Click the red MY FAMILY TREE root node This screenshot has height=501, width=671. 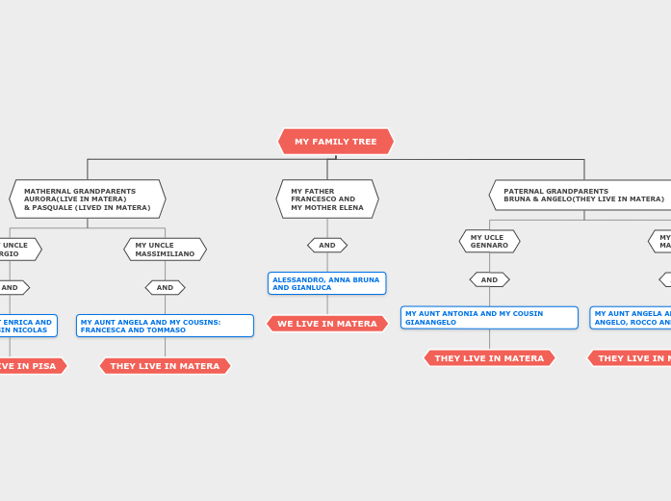pyautogui.click(x=335, y=142)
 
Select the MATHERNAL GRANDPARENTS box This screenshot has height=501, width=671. pyautogui.click(x=88, y=199)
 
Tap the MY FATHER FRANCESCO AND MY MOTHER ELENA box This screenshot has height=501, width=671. pyautogui.click(x=327, y=199)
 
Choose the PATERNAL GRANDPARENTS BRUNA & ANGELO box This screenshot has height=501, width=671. pyautogui.click(x=583, y=196)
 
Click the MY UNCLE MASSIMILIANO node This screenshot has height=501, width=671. pyautogui.click(x=165, y=250)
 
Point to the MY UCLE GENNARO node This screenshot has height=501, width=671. pyautogui.click(x=489, y=241)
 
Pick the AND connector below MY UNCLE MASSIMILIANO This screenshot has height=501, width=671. pyautogui.click(x=165, y=287)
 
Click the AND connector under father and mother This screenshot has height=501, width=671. pyautogui.click(x=327, y=246)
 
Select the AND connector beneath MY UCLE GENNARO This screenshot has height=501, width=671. pyautogui.click(x=489, y=279)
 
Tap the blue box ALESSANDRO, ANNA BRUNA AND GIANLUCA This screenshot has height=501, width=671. pyautogui.click(x=326, y=283)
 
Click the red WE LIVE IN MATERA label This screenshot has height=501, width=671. pyautogui.click(x=327, y=324)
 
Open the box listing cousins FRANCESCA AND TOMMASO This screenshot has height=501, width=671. pyautogui.click(x=165, y=326)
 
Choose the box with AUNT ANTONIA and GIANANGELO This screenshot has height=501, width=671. pyautogui.click(x=489, y=318)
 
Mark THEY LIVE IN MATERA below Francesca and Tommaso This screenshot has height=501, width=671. pyautogui.click(x=165, y=366)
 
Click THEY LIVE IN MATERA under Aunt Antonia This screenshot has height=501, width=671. pyautogui.click(x=489, y=358)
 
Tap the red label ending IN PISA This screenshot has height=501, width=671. pyautogui.click(x=29, y=366)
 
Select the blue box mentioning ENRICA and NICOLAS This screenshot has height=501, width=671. pyautogui.click(x=27, y=326)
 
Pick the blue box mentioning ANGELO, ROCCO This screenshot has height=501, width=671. pyautogui.click(x=632, y=318)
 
